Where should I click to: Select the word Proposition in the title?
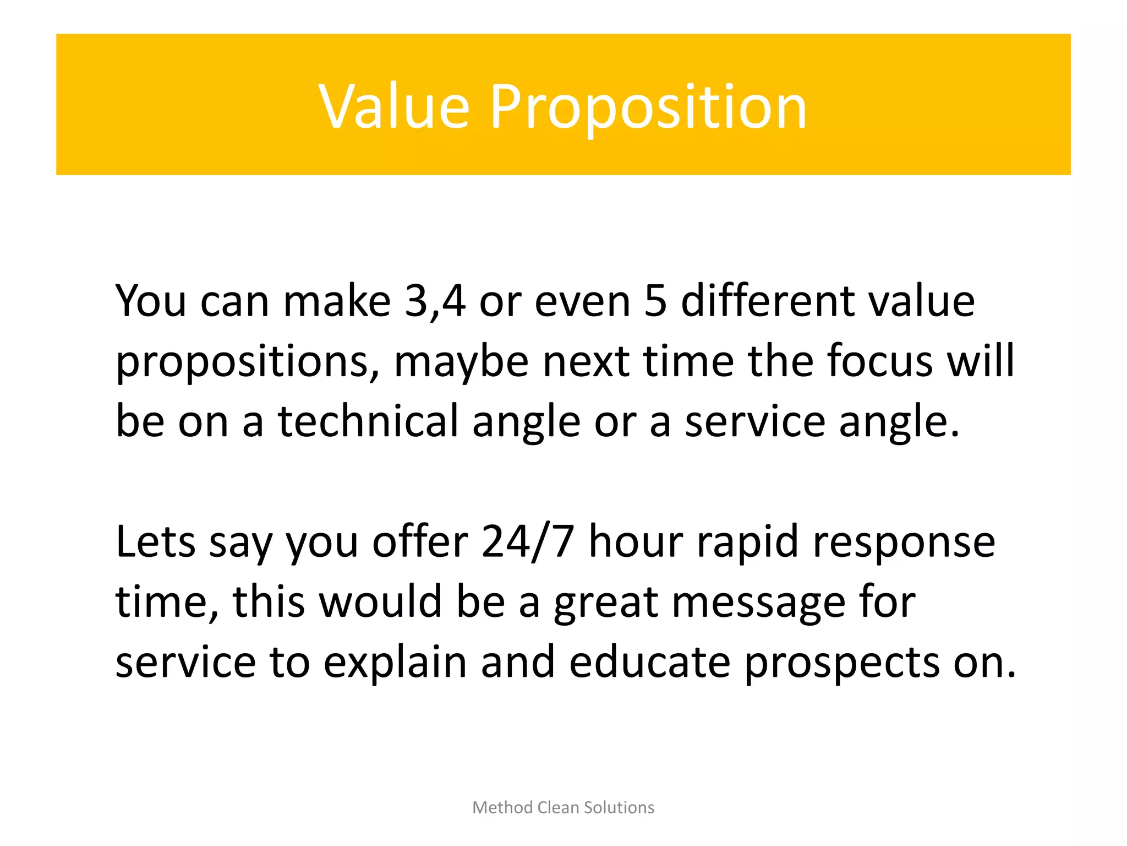(x=648, y=107)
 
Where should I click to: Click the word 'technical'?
(x=368, y=421)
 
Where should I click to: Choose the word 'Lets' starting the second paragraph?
(x=155, y=542)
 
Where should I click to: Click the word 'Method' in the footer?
(x=503, y=807)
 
